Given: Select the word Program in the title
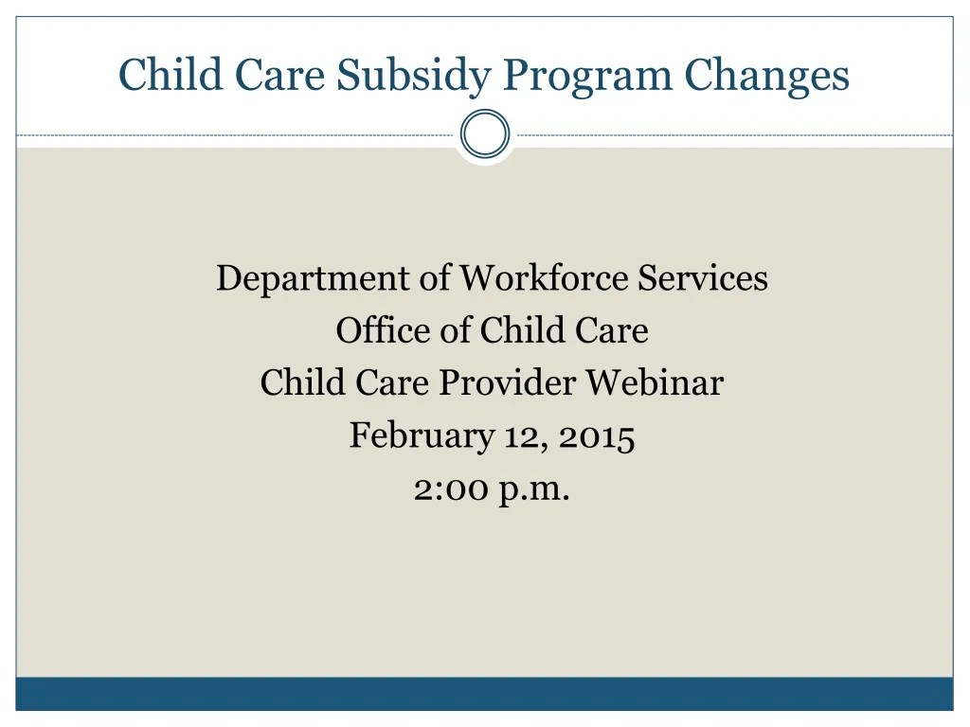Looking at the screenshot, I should pyautogui.click(x=586, y=76).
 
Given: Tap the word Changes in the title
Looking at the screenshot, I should pyautogui.click(x=767, y=76).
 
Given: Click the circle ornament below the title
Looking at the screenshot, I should pyautogui.click(x=485, y=134).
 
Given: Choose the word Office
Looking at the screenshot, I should pyautogui.click(x=379, y=331).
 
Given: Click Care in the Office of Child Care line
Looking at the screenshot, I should pyautogui.click(x=612, y=331).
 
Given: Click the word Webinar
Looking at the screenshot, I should pyautogui.click(x=654, y=383).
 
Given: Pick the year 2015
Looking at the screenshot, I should pyautogui.click(x=596, y=436).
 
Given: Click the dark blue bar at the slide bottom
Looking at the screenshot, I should pyautogui.click(x=485, y=693).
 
